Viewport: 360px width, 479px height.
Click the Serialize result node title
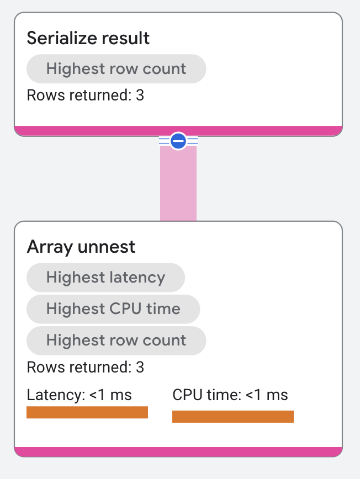pos(88,38)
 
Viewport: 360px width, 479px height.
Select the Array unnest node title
pos(81,247)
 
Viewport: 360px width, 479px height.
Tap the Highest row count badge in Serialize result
pos(116,69)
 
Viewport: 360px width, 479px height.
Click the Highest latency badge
pos(105,277)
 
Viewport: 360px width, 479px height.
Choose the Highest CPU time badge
pos(113,308)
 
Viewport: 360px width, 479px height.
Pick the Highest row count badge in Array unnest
pos(116,340)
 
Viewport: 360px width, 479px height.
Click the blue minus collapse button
pos(178,141)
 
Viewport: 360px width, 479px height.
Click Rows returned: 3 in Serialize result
pos(85,95)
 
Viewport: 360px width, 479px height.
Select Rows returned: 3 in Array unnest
pos(85,367)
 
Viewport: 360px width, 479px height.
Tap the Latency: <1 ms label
pos(79,395)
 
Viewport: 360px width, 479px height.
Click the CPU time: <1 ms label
pos(230,395)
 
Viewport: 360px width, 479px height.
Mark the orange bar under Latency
pos(87,412)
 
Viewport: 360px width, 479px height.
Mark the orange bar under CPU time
pos(232,417)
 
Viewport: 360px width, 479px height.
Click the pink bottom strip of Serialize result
pos(178,131)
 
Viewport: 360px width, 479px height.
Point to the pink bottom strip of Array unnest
pos(178,452)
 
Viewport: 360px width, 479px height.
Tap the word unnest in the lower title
pos(107,247)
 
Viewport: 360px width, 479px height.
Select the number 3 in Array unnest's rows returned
pos(140,367)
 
